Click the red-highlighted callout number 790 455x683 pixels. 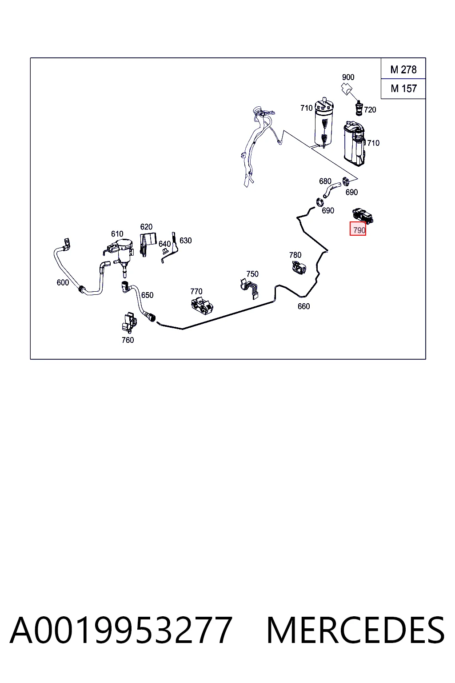pyautogui.click(x=358, y=229)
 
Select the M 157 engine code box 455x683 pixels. pyautogui.click(x=403, y=89)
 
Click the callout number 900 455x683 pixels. pyautogui.click(x=348, y=77)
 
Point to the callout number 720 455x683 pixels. pyautogui.click(x=370, y=110)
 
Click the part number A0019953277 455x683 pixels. pyautogui.click(x=121, y=630)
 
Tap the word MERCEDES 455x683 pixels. pyautogui.click(x=355, y=630)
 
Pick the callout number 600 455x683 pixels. pyautogui.click(x=63, y=283)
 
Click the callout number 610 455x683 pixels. pyautogui.click(x=117, y=234)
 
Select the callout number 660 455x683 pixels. pyautogui.click(x=303, y=306)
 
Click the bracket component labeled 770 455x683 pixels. pyautogui.click(x=202, y=306)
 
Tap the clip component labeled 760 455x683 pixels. pyautogui.click(x=129, y=322)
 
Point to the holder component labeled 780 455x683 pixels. pyautogui.click(x=299, y=268)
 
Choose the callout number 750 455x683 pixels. pyautogui.click(x=252, y=274)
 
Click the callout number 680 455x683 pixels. pyautogui.click(x=325, y=181)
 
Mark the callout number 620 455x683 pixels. pyautogui.click(x=146, y=227)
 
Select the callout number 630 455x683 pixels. pyautogui.click(x=186, y=241)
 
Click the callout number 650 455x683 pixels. pyautogui.click(x=147, y=295)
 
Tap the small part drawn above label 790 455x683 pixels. pyautogui.click(x=363, y=215)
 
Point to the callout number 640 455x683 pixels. pyautogui.click(x=164, y=244)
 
